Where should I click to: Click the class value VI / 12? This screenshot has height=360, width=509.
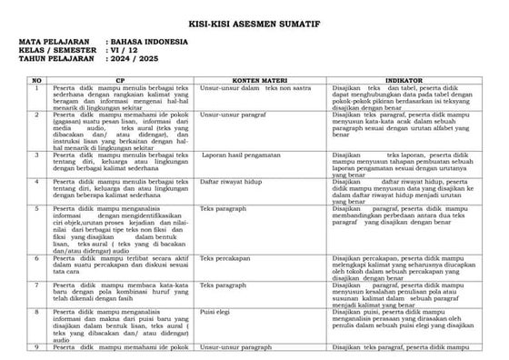(x=128, y=51)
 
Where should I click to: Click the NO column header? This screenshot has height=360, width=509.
(x=35, y=81)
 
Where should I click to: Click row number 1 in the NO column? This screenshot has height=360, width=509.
(x=35, y=89)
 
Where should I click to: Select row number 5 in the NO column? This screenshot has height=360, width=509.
(x=35, y=209)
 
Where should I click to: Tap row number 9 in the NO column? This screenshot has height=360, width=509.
(x=35, y=347)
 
